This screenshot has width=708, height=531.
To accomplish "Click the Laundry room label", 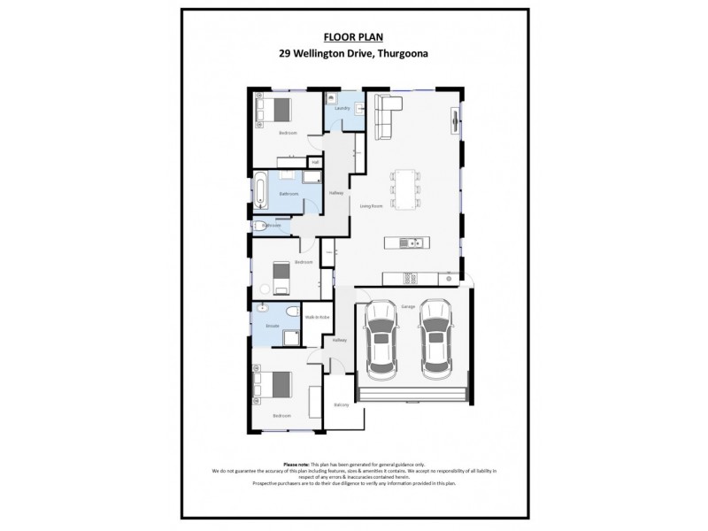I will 343,109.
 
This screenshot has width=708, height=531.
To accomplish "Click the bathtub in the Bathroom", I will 261,190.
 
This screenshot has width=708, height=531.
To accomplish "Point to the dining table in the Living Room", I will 406,189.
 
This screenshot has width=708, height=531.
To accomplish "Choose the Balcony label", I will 342,404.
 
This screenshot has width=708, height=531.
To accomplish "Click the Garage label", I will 408,306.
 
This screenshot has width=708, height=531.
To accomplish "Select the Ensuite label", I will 273,327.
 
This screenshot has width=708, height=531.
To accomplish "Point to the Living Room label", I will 370,205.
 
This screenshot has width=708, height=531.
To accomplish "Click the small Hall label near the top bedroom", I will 314,162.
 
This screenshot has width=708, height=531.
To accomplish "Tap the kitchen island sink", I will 404,242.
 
